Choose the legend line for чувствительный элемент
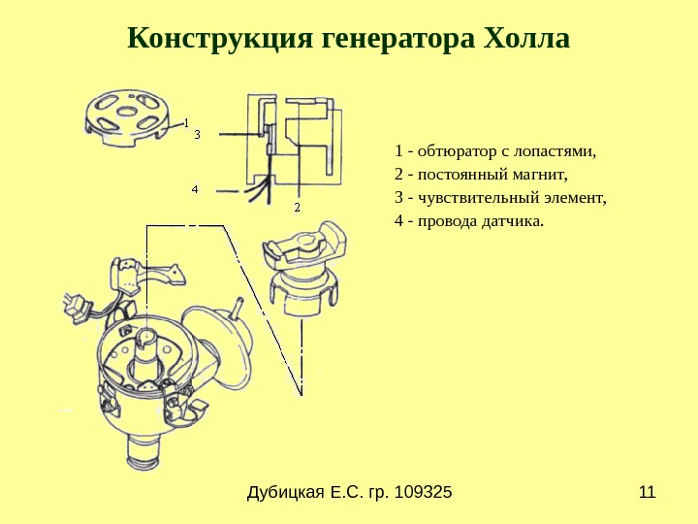point(500,198)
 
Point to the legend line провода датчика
point(470,221)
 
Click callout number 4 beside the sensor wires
point(195,188)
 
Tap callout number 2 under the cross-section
point(297,207)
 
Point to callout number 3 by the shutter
point(197,134)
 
